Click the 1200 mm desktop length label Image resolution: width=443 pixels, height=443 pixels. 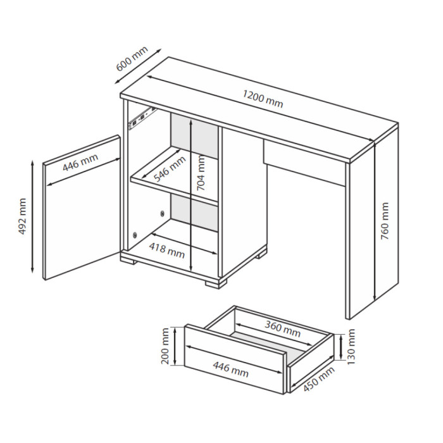click(263, 99)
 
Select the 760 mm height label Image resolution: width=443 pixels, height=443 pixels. click(385, 221)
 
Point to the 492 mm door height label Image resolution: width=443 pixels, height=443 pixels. click(22, 216)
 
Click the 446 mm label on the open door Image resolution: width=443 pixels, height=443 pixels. click(80, 163)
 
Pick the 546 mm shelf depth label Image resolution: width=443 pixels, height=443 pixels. click(170, 169)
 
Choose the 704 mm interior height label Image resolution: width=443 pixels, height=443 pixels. click(201, 173)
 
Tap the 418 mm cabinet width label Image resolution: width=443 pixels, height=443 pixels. click(167, 251)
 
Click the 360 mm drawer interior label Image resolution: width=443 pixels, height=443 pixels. click(282, 328)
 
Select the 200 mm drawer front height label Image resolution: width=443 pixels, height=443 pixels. click(165, 346)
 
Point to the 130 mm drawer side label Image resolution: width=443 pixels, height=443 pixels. click(351, 347)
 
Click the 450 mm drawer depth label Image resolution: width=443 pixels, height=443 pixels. click(319, 379)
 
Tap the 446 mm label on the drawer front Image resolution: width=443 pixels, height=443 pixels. click(230, 370)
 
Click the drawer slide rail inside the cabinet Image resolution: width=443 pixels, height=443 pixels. click(142, 118)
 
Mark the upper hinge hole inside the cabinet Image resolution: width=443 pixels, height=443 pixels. click(162, 213)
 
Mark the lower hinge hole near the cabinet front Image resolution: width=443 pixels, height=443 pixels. click(135, 235)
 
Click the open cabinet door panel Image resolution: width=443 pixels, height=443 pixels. click(82, 208)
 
